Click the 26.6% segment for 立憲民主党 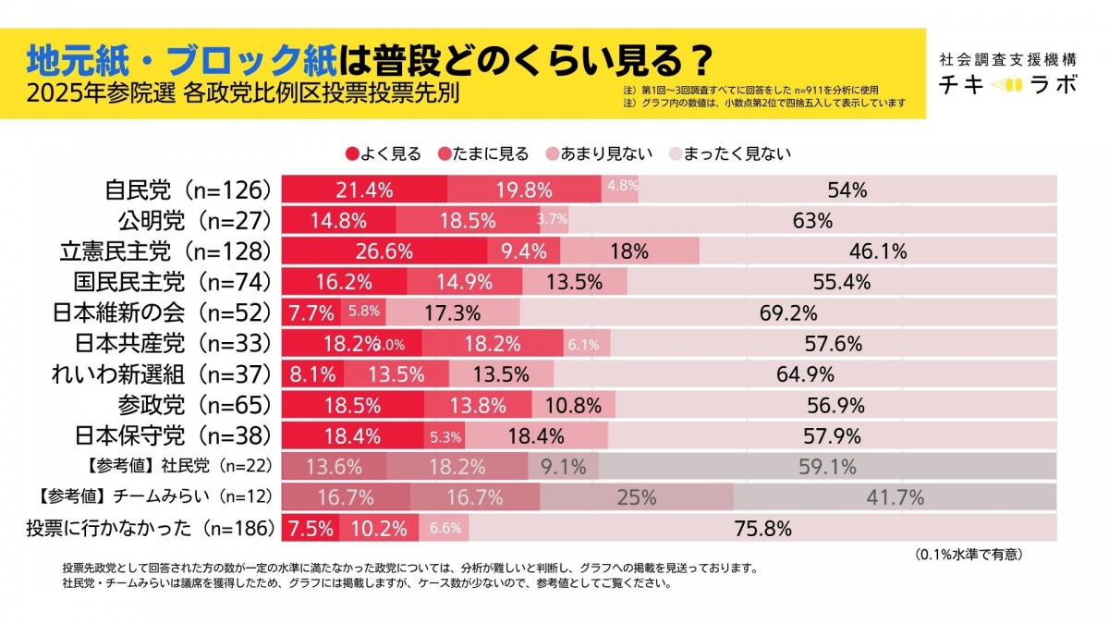[x=384, y=251]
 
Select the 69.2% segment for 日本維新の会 [x=787, y=312]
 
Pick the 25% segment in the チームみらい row [x=637, y=497]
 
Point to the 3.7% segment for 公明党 [x=552, y=220]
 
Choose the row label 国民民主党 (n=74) [x=173, y=282]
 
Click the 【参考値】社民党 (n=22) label [x=151, y=467]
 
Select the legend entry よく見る [x=384, y=153]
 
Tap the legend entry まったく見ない [x=729, y=153]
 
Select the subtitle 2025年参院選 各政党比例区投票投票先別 [x=243, y=94]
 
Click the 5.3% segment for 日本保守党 [x=445, y=436]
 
